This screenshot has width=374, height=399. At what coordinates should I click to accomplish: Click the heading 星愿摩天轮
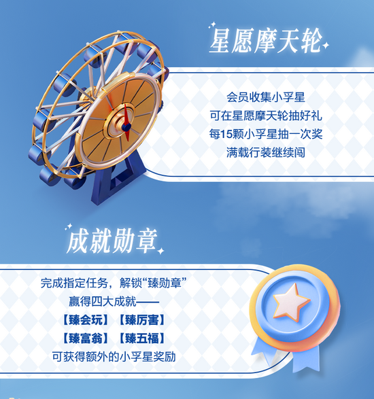pyautogui.click(x=266, y=41)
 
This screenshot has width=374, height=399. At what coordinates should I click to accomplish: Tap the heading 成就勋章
pyautogui.click(x=112, y=241)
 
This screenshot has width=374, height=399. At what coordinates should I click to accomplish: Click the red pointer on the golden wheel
pyautogui.click(x=126, y=122)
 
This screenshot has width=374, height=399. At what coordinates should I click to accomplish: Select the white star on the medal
pyautogui.click(x=291, y=302)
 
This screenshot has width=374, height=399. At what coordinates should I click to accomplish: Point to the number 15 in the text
pyautogui.click(x=225, y=134)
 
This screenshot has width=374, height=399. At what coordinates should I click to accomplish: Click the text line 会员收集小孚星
pyautogui.click(x=266, y=97)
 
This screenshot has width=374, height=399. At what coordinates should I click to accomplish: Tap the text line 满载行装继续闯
pyautogui.click(x=266, y=153)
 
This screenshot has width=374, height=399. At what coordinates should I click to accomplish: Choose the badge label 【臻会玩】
pyautogui.click(x=85, y=320)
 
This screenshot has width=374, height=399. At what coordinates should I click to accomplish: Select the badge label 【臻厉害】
pyautogui.click(x=142, y=320)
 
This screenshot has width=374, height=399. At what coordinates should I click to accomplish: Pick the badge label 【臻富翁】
pyautogui.click(x=85, y=339)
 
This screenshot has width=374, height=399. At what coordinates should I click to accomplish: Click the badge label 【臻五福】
pyautogui.click(x=142, y=339)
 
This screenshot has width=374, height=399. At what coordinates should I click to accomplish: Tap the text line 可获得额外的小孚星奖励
pyautogui.click(x=114, y=357)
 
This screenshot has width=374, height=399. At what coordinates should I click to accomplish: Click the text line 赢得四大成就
pyautogui.click(x=103, y=302)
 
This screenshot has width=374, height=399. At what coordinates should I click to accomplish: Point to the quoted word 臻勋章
pyautogui.click(x=165, y=283)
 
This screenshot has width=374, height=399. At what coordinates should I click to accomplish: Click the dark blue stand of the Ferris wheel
pyautogui.click(x=115, y=178)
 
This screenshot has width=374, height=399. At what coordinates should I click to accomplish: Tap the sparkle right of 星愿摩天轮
pyautogui.click(x=325, y=46)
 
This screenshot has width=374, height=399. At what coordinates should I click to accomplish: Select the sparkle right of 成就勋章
pyautogui.click(x=160, y=251)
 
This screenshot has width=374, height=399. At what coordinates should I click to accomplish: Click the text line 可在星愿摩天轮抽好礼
pyautogui.click(x=266, y=116)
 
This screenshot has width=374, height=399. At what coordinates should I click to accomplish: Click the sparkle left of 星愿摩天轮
pyautogui.click(x=212, y=25)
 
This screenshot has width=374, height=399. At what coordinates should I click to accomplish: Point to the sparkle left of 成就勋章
pyautogui.click(x=68, y=227)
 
